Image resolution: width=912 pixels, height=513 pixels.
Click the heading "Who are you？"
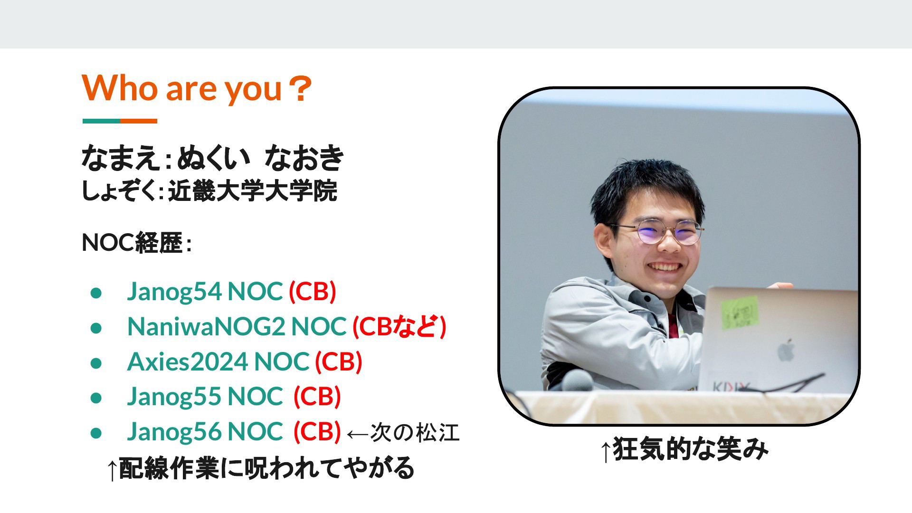pyautogui.click(x=197, y=88)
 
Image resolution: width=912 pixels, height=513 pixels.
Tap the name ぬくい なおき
pyautogui.click(x=260, y=158)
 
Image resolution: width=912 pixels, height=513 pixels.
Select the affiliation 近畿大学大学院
pyautogui.click(x=252, y=191)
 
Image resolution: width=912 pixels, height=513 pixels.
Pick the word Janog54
pyautogui.click(x=174, y=291)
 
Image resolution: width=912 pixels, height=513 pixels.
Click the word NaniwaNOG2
pyautogui.click(x=206, y=326)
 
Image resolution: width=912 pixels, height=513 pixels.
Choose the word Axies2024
pyautogui.click(x=188, y=361)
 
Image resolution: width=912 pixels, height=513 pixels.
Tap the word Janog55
pyautogui.click(x=174, y=397)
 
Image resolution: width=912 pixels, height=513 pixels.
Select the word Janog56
pyautogui.click(x=174, y=432)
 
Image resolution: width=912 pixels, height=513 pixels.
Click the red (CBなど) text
pyautogui.click(x=399, y=326)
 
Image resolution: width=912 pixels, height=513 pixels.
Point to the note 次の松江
pyautogui.click(x=415, y=433)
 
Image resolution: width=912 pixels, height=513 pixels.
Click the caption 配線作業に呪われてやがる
pyautogui.click(x=266, y=468)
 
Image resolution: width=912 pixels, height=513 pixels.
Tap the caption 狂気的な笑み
pyautogui.click(x=690, y=449)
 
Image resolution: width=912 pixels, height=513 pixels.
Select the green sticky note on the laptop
pyautogui.click(x=740, y=312)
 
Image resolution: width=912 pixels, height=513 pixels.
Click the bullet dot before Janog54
pyautogui.click(x=96, y=293)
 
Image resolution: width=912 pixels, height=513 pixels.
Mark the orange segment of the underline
pyautogui.click(x=139, y=121)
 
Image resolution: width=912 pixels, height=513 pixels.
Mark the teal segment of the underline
pyautogui.click(x=101, y=121)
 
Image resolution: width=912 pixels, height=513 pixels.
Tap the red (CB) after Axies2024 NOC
pyautogui.click(x=339, y=361)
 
